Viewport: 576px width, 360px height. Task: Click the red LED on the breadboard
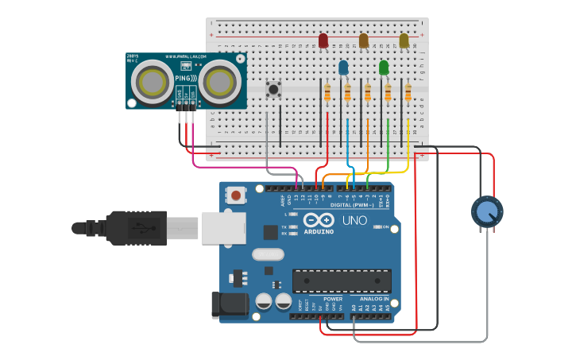point(323,41)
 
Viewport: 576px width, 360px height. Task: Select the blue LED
point(343,68)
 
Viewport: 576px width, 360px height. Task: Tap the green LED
point(384,68)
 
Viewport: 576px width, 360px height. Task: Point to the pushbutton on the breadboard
point(274,89)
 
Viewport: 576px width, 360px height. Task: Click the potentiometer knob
point(486,212)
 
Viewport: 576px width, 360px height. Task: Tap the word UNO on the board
point(354,220)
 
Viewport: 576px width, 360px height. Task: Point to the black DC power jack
point(226,307)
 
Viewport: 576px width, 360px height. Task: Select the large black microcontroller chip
point(342,281)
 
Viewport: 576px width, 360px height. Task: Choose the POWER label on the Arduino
point(333,299)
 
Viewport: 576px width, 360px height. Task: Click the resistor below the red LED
point(327,95)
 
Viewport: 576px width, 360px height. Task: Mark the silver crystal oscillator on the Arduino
point(268,255)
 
